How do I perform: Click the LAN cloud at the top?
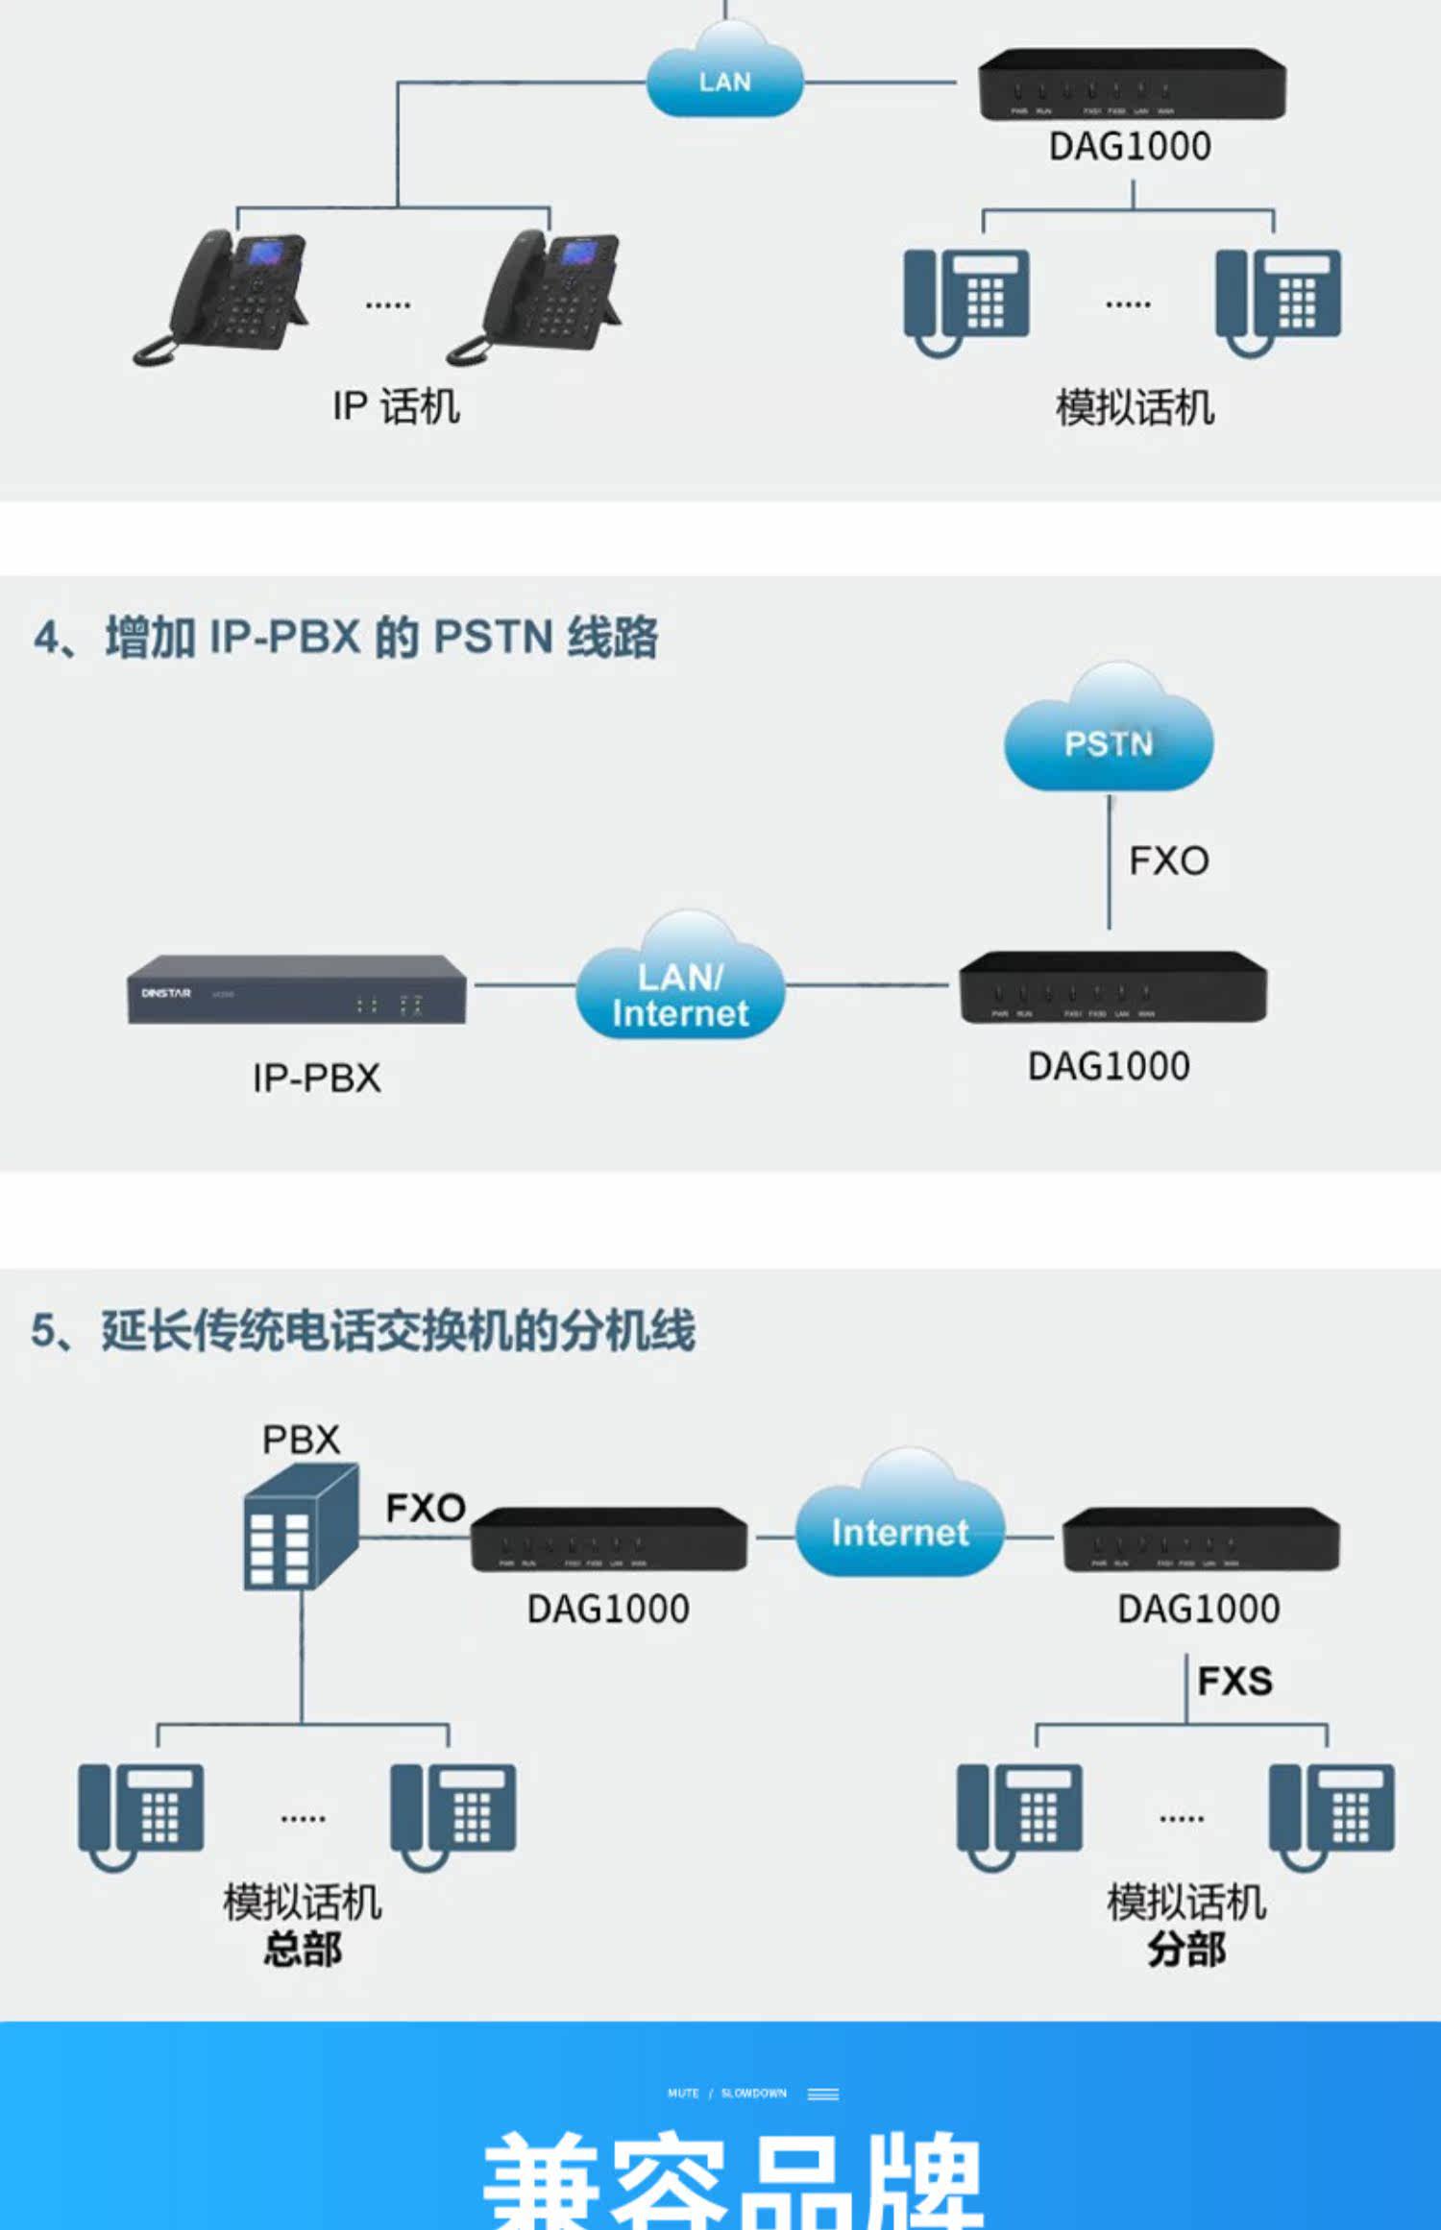pos(724,77)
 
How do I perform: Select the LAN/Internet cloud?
pos(680,989)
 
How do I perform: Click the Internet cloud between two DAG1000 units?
pos(900,1527)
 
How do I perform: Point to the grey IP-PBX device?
pos(297,989)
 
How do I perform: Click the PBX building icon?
pos(301,1527)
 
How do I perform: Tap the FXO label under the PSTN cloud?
pos(1168,860)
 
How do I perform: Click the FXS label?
pos(1234,1681)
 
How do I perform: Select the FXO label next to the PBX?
pos(425,1508)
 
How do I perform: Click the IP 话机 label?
pos(396,406)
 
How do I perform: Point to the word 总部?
pos(303,1949)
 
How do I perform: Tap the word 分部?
pos(1186,1949)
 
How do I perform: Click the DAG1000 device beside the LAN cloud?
pos(1131,85)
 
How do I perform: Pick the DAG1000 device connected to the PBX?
pos(608,1539)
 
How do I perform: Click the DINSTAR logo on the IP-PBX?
pos(166,993)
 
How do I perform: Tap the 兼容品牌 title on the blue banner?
pos(732,2180)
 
